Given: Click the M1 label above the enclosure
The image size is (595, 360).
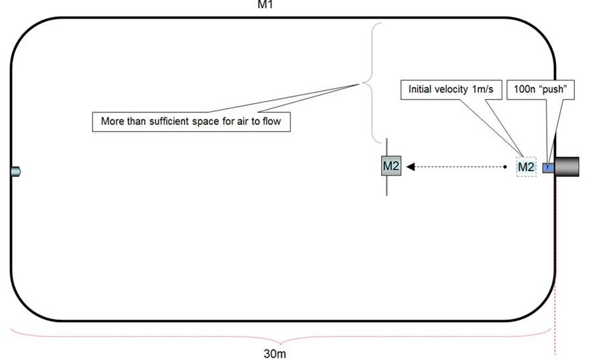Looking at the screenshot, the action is (x=265, y=4).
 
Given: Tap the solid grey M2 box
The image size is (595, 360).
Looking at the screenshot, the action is (x=391, y=166).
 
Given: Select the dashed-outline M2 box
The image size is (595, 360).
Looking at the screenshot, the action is (x=527, y=166).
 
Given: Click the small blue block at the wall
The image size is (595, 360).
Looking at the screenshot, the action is (x=548, y=168).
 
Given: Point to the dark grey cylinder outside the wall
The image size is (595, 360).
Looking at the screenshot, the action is (x=567, y=166).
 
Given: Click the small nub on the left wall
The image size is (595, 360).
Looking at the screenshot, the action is (x=15, y=172).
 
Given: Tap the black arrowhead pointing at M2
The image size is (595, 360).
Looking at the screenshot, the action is (x=411, y=166).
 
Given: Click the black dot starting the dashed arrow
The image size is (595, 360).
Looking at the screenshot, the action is (x=504, y=166).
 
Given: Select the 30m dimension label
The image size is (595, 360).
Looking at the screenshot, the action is (x=275, y=353).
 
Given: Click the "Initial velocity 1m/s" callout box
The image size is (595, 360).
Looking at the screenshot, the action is (x=451, y=90).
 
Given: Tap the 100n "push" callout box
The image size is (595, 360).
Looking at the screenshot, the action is (x=541, y=90).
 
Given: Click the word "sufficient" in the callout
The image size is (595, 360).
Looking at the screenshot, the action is (x=173, y=121).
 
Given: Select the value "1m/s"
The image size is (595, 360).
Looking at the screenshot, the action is (x=483, y=89).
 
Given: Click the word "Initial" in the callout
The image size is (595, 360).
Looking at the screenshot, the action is (x=420, y=89).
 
